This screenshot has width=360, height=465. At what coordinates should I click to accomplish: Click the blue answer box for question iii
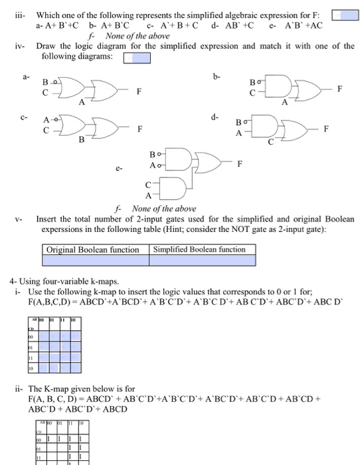(x=344, y=15)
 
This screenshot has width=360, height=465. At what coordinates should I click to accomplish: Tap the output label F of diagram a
(x=138, y=92)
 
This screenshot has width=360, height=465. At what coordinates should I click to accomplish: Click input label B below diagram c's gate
(x=81, y=139)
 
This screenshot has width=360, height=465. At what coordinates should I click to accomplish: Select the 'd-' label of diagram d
(x=214, y=117)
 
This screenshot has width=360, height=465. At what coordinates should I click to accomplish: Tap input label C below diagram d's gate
(x=271, y=141)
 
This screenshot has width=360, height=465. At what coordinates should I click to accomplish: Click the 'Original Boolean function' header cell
(x=92, y=250)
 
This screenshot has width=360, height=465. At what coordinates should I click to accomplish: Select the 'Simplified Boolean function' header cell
(x=199, y=250)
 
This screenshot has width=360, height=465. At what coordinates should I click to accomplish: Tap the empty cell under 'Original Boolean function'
(x=92, y=260)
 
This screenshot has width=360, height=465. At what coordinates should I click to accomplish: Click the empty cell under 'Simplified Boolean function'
(x=199, y=260)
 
